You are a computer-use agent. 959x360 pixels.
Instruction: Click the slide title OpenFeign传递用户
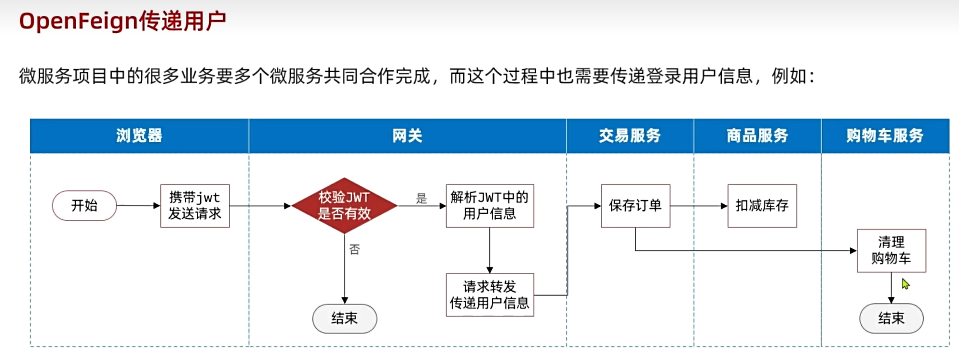[x=122, y=21]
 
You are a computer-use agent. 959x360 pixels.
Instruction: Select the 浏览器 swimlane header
[x=139, y=136]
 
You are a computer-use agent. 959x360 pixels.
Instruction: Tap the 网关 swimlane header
[x=407, y=136]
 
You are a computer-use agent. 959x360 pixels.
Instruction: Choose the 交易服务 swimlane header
[x=630, y=136]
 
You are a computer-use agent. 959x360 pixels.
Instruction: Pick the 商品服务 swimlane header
[x=757, y=136]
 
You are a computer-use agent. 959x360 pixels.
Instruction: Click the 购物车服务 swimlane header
[x=885, y=136]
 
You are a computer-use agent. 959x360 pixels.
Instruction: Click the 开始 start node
[x=84, y=206]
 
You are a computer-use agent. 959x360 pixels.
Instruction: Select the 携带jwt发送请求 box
[x=195, y=206]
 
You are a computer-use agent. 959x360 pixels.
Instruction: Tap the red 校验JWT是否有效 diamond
[x=344, y=206]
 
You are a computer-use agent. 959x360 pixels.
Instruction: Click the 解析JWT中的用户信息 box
[x=489, y=206]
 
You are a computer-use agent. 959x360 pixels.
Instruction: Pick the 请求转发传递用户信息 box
[x=489, y=295]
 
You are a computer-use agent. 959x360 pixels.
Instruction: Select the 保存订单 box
[x=635, y=206]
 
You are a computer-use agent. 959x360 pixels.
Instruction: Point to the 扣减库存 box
[x=762, y=206]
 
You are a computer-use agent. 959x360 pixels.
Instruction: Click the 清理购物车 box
[x=891, y=251]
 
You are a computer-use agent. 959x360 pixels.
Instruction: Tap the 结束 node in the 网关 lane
[x=344, y=319]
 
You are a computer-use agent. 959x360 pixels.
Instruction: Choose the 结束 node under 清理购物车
[x=891, y=319]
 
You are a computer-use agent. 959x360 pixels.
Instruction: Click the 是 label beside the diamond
[x=421, y=199]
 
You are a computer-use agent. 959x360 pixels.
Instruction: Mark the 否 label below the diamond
[x=354, y=249]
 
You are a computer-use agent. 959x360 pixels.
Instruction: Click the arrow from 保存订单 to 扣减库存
[x=699, y=206]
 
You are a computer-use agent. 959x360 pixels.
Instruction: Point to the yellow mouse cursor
[x=905, y=284]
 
